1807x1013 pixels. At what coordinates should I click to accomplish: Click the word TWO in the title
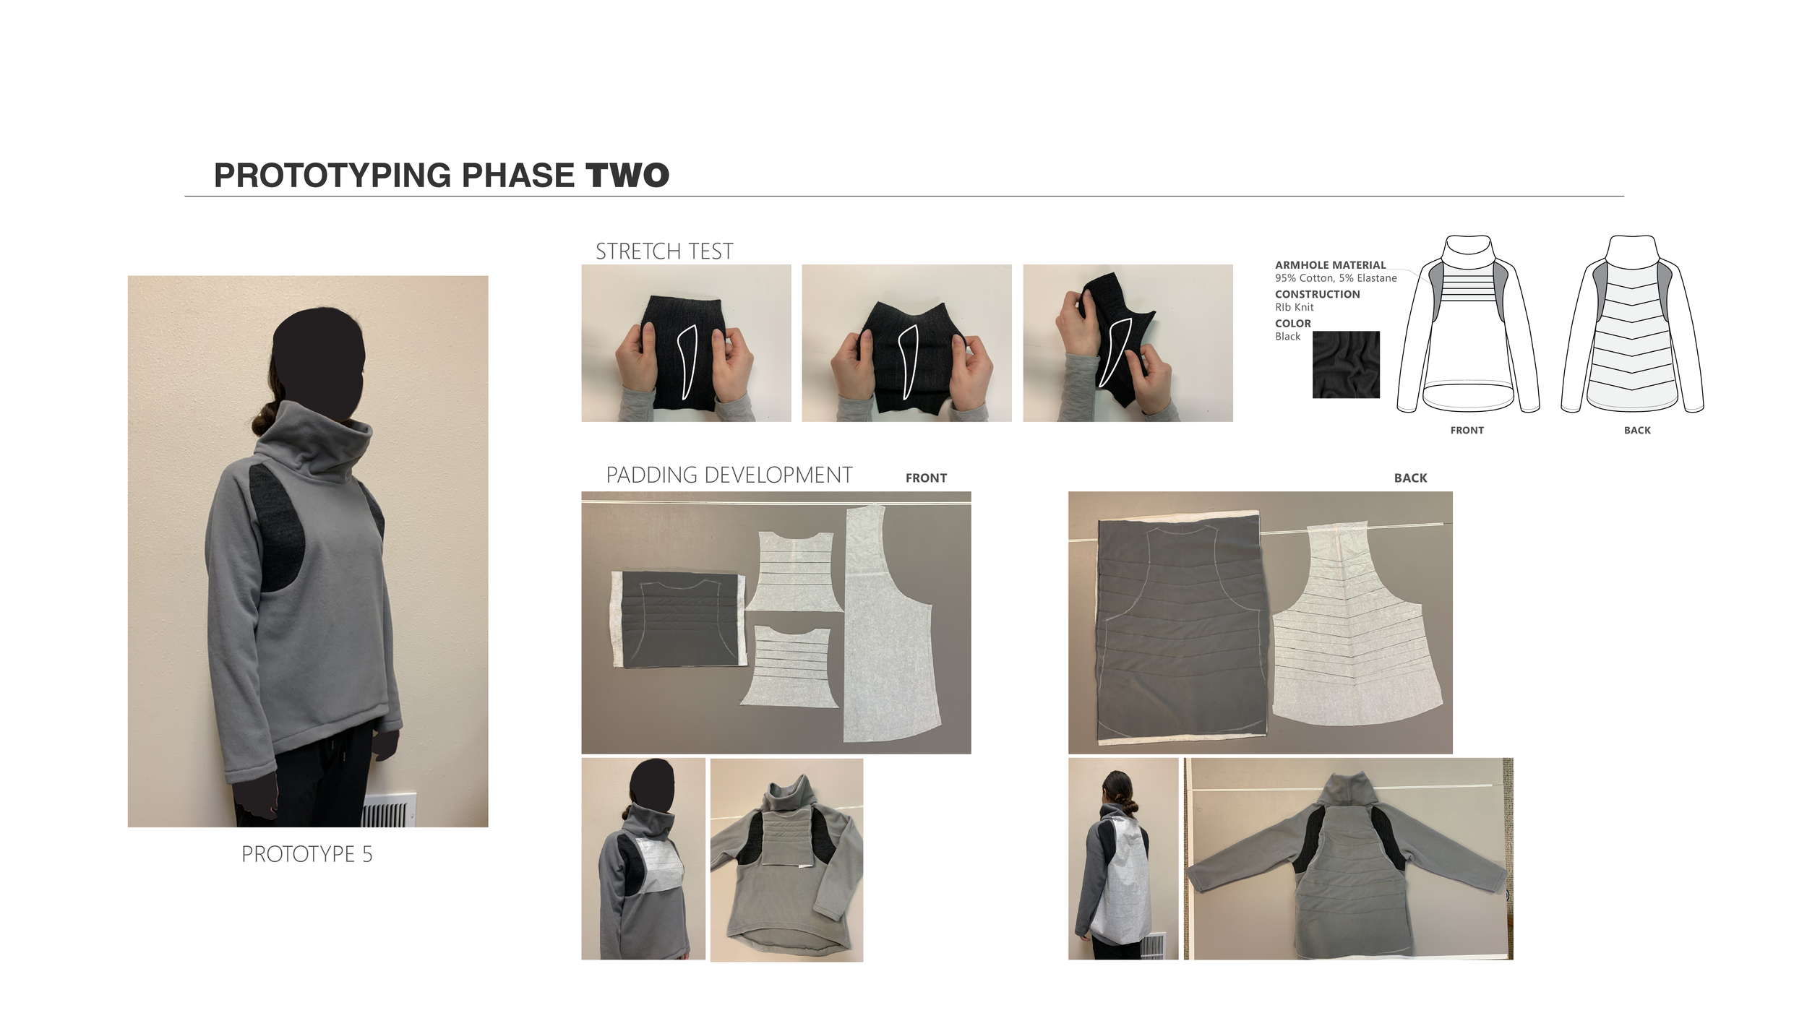tap(627, 176)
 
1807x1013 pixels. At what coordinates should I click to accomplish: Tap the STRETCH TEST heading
tap(664, 251)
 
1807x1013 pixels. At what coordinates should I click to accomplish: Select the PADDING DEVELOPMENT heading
tap(729, 475)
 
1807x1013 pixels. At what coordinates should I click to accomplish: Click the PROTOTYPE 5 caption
tap(307, 854)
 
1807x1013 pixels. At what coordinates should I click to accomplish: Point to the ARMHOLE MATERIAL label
tap(1330, 265)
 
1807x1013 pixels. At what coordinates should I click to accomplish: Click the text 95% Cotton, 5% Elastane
tap(1336, 278)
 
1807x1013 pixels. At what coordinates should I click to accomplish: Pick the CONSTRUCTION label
tap(1317, 294)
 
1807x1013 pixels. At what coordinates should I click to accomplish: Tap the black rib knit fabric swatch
tap(1346, 365)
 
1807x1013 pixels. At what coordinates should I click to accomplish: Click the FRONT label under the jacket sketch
tap(1467, 430)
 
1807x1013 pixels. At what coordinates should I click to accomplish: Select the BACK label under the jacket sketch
tap(1637, 430)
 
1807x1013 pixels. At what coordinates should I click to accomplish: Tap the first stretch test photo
tap(686, 343)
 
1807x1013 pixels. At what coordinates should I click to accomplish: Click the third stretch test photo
tap(1128, 343)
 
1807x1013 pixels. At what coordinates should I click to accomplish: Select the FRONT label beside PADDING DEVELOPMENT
tap(926, 478)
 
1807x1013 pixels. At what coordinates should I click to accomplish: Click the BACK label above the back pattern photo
tap(1410, 478)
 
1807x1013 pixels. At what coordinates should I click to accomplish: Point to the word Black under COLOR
tap(1287, 337)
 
